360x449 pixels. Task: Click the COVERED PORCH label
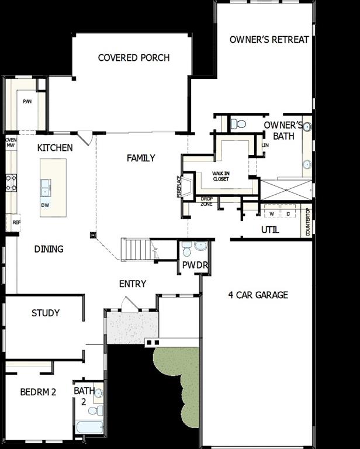pos(134,58)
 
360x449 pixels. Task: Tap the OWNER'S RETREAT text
pos(269,40)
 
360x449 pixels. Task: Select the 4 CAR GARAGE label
pos(258,295)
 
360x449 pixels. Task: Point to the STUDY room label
pos(46,313)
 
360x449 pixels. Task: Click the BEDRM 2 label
pos(37,392)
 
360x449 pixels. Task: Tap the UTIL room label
pos(269,230)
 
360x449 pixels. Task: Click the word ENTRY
pos(133,284)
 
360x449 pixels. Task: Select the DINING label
pos(49,249)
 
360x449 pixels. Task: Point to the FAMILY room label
pos(141,158)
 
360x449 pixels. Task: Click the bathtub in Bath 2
pos(89,427)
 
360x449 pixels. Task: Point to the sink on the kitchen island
pos(46,188)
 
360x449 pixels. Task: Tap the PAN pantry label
pos(27,101)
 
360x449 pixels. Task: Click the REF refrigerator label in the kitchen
pos(16,222)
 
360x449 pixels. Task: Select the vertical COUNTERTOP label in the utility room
pos(308,222)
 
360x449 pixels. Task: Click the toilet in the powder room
pos(187,250)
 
